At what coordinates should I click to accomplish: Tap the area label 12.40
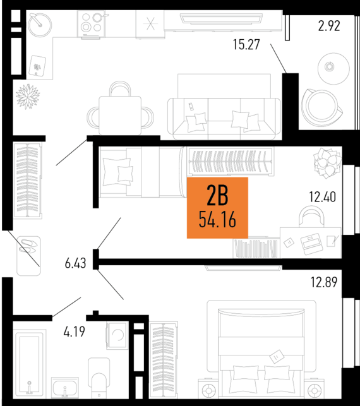click(x=323, y=196)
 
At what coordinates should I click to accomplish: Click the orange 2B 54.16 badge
click(x=217, y=208)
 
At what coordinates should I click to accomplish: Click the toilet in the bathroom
click(x=99, y=377)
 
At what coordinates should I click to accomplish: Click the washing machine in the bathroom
click(x=116, y=335)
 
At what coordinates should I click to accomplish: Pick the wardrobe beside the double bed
click(x=162, y=360)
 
